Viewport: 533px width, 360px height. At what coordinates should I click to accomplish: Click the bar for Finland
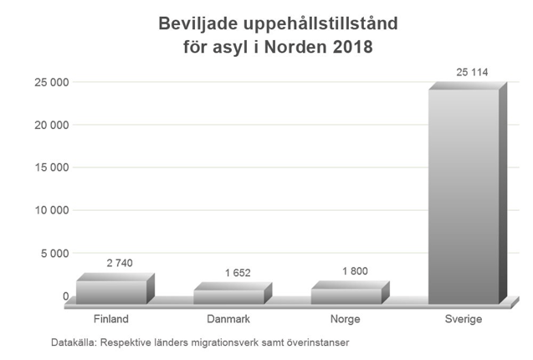(x=111, y=291)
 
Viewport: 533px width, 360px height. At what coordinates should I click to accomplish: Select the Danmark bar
(x=228, y=296)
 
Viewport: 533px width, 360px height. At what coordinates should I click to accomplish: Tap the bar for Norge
(x=346, y=295)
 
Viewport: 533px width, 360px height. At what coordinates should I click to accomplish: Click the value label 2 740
(x=119, y=263)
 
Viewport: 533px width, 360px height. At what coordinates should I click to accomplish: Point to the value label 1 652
(x=237, y=272)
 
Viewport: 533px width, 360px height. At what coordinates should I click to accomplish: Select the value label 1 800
(x=354, y=270)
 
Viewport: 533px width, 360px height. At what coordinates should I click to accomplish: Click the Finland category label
(x=112, y=320)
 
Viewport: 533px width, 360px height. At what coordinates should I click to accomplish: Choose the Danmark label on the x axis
(x=229, y=320)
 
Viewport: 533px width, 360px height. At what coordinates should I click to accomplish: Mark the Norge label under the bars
(x=346, y=320)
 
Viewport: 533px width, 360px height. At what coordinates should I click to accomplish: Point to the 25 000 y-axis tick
(x=51, y=82)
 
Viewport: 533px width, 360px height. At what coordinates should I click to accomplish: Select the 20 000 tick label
(x=51, y=125)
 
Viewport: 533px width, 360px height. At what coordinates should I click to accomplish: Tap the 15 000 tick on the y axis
(x=51, y=167)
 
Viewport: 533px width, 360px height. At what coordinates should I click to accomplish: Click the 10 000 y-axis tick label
(x=51, y=210)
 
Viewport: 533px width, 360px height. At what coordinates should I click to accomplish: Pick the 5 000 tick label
(x=54, y=253)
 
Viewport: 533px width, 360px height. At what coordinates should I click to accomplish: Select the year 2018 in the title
(x=351, y=47)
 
